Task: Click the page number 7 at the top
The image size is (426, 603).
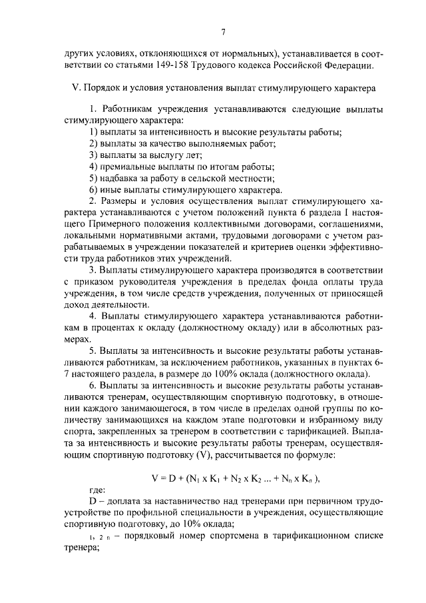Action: tap(224, 31)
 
